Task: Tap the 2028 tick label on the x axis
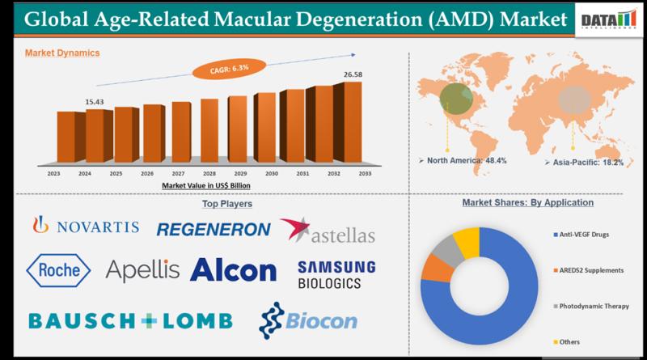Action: click(x=209, y=173)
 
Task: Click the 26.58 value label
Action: click(x=353, y=74)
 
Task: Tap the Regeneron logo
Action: click(x=213, y=229)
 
